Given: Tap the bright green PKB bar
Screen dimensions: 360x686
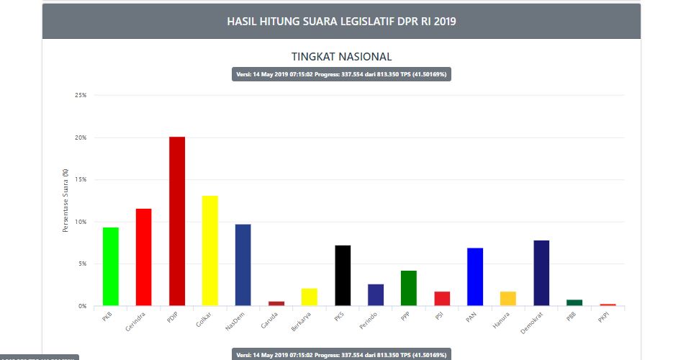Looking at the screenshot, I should tap(110, 266).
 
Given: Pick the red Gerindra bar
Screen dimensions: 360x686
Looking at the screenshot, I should tap(143, 257).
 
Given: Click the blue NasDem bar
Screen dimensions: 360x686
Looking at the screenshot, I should tap(243, 265).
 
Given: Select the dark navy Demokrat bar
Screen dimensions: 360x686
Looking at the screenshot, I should tap(541, 273).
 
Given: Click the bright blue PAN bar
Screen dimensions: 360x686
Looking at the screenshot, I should tap(474, 276).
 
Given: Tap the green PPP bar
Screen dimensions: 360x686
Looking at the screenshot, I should tap(408, 288).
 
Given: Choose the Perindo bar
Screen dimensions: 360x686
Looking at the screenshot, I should tap(375, 294).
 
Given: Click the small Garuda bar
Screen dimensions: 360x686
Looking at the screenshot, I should tap(276, 303).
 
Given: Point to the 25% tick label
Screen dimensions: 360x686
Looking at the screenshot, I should tap(81, 95).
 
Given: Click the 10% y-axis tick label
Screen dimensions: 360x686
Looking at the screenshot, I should tap(81, 222).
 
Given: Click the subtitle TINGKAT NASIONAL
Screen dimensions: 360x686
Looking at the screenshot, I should tap(341, 56).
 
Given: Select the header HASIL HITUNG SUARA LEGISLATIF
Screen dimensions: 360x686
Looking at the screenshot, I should tap(341, 22).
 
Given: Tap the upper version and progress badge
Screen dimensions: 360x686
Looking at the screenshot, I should tap(341, 75).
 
